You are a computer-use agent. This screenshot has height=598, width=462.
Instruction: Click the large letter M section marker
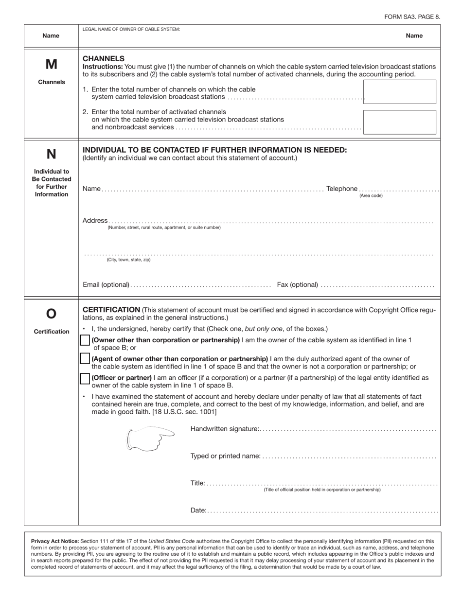tap(51, 64)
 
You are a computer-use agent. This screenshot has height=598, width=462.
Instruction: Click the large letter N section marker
tap(51, 154)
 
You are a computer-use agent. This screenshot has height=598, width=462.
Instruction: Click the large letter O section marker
tap(51, 314)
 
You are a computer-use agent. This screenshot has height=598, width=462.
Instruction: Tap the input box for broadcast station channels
tap(399, 92)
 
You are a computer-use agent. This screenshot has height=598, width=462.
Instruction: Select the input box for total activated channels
tap(399, 122)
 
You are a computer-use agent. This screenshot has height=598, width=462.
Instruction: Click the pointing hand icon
tap(150, 438)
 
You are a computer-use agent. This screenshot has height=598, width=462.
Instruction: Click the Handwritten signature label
tap(225, 429)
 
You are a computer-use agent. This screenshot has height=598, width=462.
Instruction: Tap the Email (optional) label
tap(106, 284)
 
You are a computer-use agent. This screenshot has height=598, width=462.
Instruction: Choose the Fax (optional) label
tap(297, 284)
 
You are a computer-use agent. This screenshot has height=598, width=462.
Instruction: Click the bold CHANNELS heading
tap(104, 58)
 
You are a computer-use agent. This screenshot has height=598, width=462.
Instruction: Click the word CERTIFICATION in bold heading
tap(111, 310)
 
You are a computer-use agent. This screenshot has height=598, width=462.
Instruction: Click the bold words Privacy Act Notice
tap(54, 541)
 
